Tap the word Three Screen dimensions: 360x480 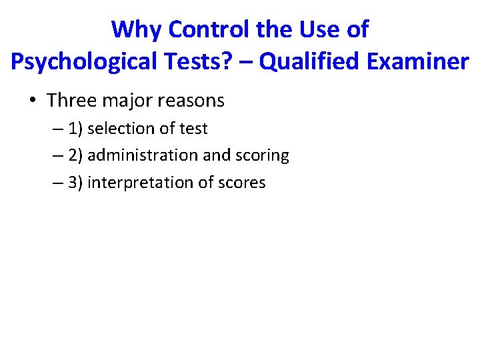click(73, 101)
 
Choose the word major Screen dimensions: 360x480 click(133, 101)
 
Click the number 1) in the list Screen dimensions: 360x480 click(75, 128)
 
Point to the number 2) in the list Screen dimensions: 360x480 click(75, 155)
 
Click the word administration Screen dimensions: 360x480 click(143, 155)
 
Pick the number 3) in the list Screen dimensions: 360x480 click(75, 183)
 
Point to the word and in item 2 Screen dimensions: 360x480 click(215, 155)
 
